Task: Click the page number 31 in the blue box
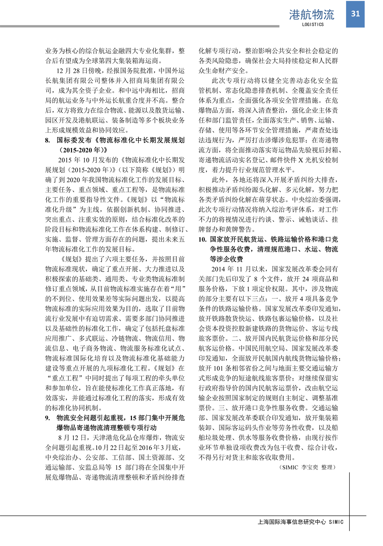click(x=355, y=14)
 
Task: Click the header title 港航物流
click(x=312, y=15)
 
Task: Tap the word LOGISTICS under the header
click(x=313, y=24)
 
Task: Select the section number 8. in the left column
click(x=48, y=140)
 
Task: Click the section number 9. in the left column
click(x=48, y=418)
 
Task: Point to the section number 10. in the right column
click(x=202, y=239)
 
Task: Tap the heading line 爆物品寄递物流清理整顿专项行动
click(x=107, y=428)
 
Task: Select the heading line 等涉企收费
click(x=226, y=259)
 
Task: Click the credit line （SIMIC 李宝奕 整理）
click(x=308, y=467)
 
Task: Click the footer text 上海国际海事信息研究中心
click(x=292, y=522)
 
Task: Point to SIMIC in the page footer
click(x=336, y=522)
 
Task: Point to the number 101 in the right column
click(x=218, y=368)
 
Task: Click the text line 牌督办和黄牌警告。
click(x=227, y=229)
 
